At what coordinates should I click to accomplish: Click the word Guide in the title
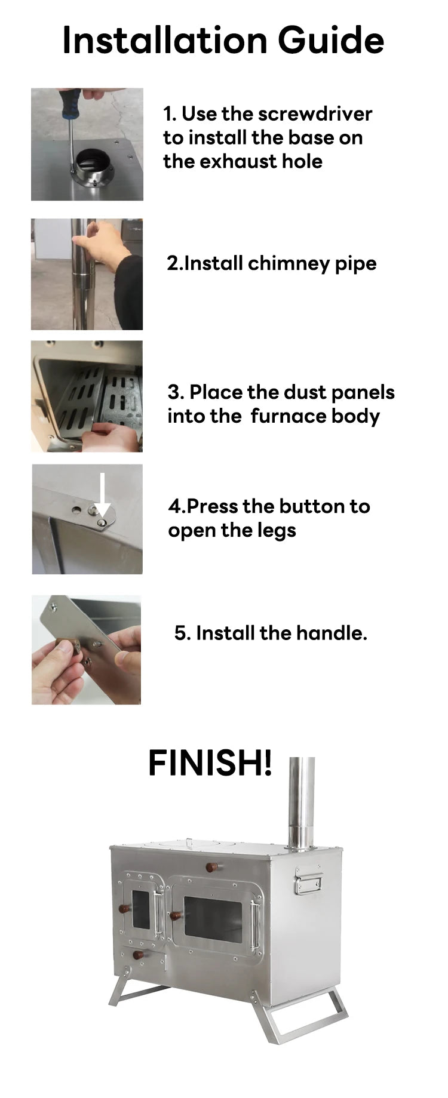330,41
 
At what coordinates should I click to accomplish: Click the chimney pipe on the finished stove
302,803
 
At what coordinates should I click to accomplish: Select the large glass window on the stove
213,917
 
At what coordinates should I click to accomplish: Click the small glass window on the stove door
140,910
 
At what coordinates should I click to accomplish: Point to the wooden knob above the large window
213,867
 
